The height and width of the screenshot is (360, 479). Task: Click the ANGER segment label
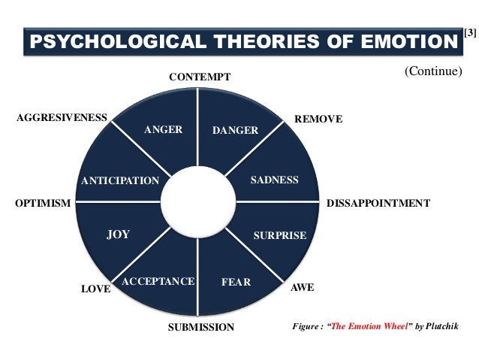coord(163,129)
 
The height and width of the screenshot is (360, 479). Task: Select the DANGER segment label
coord(235,131)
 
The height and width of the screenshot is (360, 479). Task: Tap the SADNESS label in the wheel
coord(274,180)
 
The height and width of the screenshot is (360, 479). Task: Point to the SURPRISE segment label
coord(279,235)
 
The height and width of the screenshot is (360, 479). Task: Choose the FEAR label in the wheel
coord(236,283)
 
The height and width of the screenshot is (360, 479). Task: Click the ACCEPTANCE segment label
coord(158,281)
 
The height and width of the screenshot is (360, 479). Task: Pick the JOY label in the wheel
coord(118,234)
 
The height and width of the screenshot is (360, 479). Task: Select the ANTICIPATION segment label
coord(120,180)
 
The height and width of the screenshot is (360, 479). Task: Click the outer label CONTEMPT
coord(199,77)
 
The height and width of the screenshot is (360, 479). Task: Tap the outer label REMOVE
coord(318,119)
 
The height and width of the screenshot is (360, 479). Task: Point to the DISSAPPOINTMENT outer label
coord(378,204)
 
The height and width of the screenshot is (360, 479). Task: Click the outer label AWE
coord(302,288)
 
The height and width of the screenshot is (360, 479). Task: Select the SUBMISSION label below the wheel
coord(200,327)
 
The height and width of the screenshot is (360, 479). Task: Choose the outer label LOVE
coord(95,289)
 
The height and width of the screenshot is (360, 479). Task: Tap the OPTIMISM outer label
coord(43,204)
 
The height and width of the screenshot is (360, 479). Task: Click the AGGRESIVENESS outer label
coord(62,118)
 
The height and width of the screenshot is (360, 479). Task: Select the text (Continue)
coord(432,71)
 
